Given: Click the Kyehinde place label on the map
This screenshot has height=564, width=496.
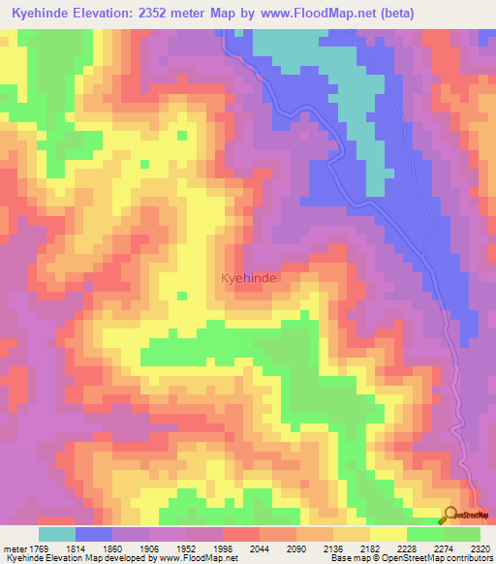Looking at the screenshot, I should coord(250,278).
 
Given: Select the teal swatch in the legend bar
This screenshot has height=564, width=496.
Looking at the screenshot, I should coord(57,534).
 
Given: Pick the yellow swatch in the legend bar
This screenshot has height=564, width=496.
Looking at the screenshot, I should coord(388,534).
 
